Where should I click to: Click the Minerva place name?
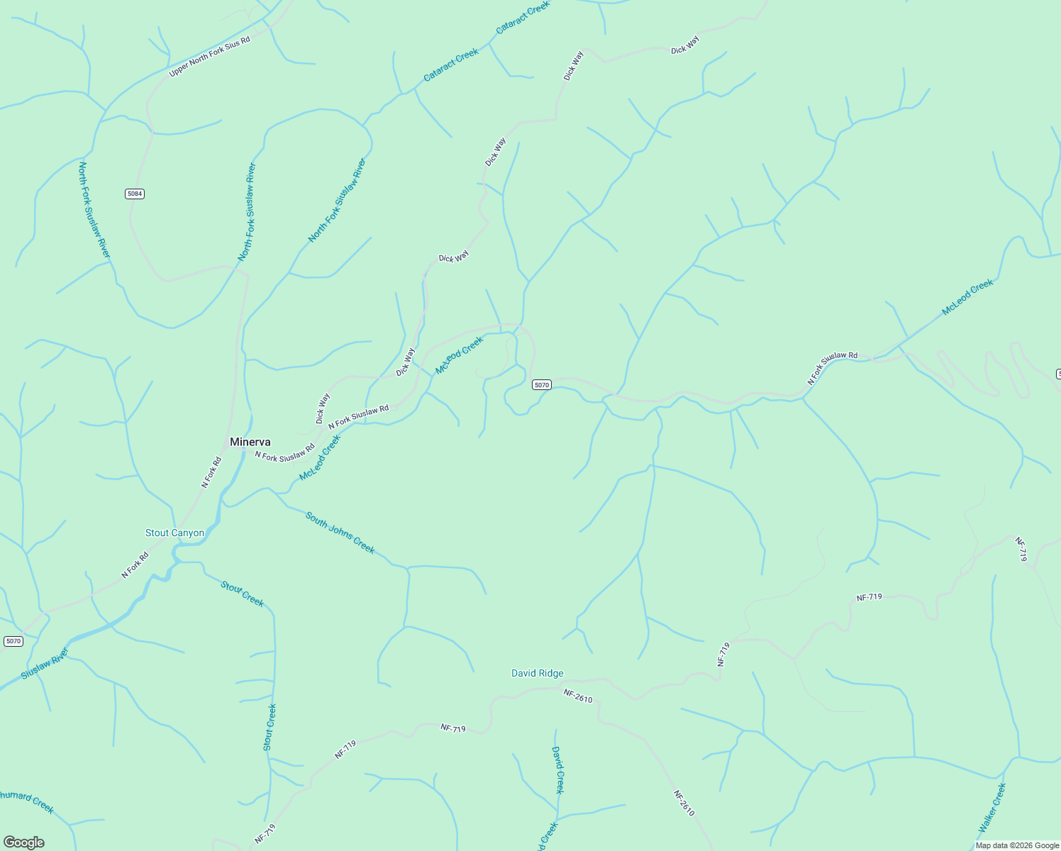pyautogui.click(x=250, y=442)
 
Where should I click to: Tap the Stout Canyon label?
pyautogui.click(x=174, y=533)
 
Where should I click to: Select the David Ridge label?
pyautogui.click(x=538, y=673)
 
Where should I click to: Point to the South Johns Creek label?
pyautogui.click(x=340, y=532)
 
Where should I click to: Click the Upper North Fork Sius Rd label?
pyautogui.click(x=209, y=57)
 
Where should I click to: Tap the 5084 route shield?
pyautogui.click(x=135, y=194)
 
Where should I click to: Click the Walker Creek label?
pyautogui.click(x=992, y=808)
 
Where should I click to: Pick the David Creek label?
pyautogui.click(x=557, y=769)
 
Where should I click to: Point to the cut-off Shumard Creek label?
pyautogui.click(x=26, y=801)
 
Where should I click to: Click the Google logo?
pyautogui.click(x=23, y=842)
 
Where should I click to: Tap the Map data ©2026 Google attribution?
pyautogui.click(x=1017, y=845)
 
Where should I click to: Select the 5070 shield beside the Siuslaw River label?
pyautogui.click(x=13, y=641)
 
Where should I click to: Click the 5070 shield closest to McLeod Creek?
pyautogui.click(x=541, y=384)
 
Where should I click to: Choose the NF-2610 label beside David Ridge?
pyautogui.click(x=578, y=696)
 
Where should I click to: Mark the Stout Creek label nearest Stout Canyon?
pyautogui.click(x=242, y=594)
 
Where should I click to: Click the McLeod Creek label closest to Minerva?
pyautogui.click(x=320, y=457)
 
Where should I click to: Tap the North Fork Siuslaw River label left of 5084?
pyautogui.click(x=94, y=210)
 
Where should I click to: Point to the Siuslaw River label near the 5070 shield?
pyautogui.click(x=45, y=664)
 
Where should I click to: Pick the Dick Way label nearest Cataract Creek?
pyautogui.click(x=573, y=65)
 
